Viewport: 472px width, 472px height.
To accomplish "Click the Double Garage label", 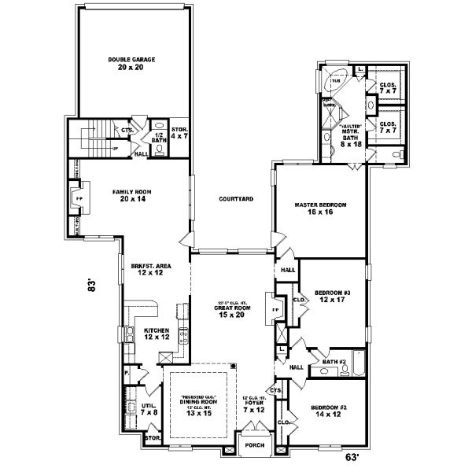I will point(131,64).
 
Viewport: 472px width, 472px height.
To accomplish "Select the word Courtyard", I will point(235,200).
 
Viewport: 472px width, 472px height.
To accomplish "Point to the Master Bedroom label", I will point(320,208).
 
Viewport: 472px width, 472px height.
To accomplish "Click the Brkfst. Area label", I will point(147,270).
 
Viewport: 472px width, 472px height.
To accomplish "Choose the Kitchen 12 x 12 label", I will point(157,333).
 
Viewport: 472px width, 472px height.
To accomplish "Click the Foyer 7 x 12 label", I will point(255,405).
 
